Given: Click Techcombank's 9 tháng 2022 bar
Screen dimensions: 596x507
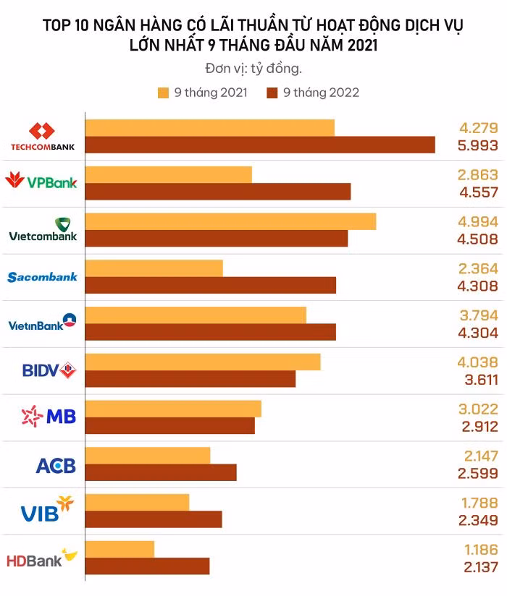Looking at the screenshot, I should coord(260,145).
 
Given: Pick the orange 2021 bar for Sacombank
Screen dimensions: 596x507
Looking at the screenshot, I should coord(154,268).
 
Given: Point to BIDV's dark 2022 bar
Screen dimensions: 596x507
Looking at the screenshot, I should coord(190,379).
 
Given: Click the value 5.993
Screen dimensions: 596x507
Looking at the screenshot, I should coord(478,145).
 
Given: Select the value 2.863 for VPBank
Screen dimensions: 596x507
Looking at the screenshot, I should coord(478,175).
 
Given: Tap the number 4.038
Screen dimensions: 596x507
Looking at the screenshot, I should coord(478,362).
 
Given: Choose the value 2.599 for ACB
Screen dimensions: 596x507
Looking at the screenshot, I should coord(478,473).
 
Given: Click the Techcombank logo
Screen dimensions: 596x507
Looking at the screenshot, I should coord(42,137).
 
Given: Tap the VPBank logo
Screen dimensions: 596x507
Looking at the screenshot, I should coord(41,181).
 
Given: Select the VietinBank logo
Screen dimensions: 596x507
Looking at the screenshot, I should coord(42,323).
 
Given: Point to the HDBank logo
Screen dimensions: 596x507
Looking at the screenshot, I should coord(42,558).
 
